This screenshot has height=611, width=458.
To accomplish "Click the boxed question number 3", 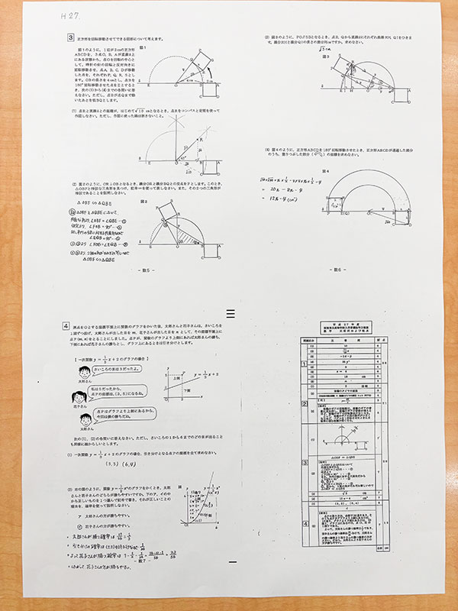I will (x=69, y=36).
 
